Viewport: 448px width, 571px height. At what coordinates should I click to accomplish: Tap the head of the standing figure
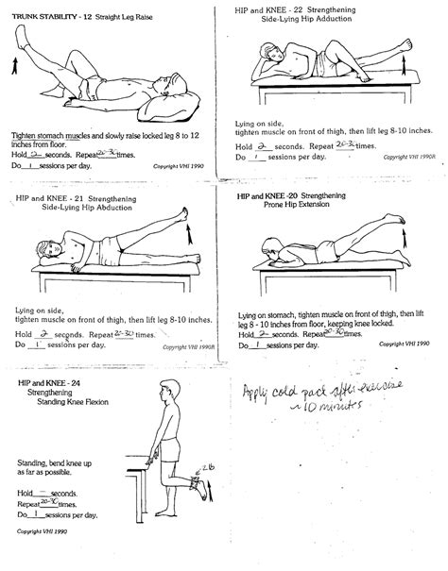point(162,393)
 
